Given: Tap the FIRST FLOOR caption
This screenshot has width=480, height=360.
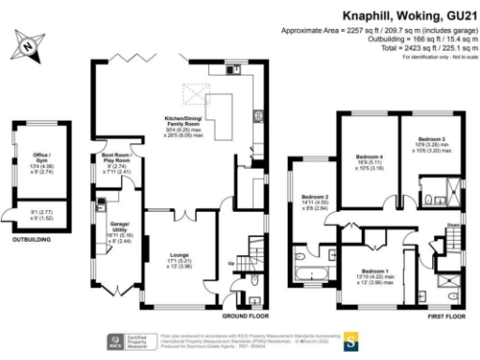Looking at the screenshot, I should point(448,316).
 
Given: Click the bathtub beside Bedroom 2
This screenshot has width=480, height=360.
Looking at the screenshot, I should point(309,277).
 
